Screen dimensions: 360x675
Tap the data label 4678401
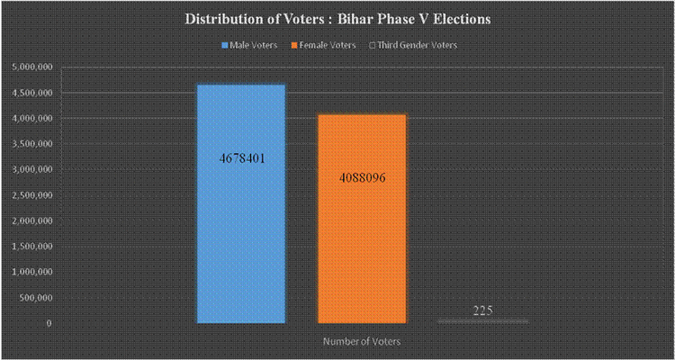[x=241, y=158]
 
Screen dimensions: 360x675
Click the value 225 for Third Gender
[x=482, y=311]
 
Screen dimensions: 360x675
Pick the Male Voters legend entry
[x=251, y=44]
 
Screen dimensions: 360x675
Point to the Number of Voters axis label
[x=362, y=342]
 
